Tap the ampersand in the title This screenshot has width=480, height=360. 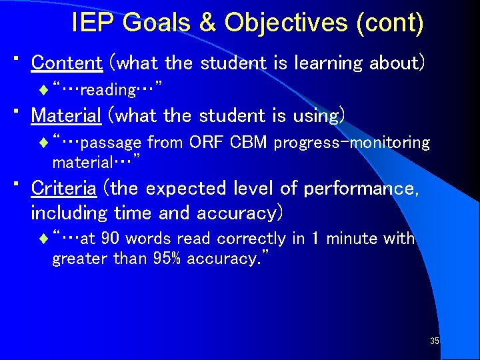209,23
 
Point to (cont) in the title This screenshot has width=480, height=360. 390,23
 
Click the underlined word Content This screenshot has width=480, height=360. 67,63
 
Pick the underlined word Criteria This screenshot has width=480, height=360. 64,188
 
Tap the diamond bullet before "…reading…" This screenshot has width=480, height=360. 44,89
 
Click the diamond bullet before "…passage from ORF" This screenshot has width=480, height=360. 44,142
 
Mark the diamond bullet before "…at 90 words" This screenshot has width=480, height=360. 44,239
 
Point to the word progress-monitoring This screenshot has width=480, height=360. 352,142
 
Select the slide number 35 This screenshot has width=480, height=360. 434,341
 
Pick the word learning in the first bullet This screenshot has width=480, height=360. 326,63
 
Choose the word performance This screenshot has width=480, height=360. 361,188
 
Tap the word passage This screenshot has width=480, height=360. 113,143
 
